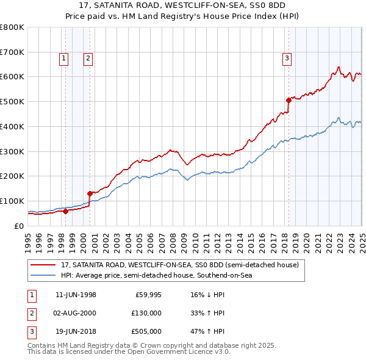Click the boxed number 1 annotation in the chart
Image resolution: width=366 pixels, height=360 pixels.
coord(65,59)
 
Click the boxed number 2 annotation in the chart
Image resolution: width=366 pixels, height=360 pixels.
coord(88,59)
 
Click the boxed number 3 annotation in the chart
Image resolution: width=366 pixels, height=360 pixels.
coord(287,59)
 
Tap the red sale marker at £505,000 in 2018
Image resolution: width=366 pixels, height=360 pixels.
coord(289,99)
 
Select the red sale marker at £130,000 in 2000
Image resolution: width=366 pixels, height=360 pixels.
coord(90,193)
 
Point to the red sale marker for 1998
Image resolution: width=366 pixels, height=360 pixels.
coord(66,211)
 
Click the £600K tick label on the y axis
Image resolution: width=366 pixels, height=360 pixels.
coord(12,77)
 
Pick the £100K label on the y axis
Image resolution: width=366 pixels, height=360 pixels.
coord(12,201)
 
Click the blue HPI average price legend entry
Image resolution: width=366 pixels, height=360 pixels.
coord(156,275)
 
